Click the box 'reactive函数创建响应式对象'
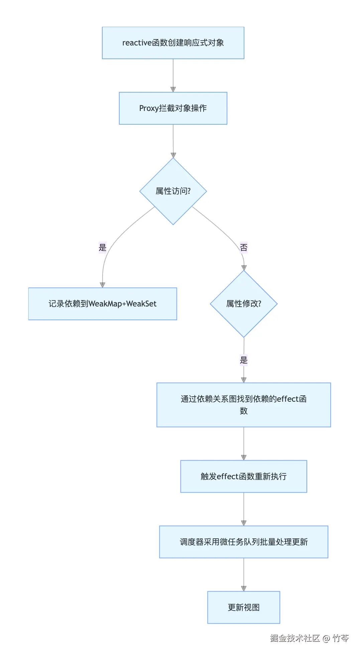[173, 43]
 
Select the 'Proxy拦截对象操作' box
[173, 108]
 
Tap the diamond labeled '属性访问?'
[173, 191]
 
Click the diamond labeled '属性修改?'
[244, 304]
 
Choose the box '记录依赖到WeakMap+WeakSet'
[102, 304]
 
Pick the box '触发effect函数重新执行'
[243, 476]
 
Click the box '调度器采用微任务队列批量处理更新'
[243, 542]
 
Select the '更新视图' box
[243, 607]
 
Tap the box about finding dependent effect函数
[243, 405]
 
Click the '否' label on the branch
[244, 248]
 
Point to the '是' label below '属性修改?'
[244, 360]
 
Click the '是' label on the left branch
[102, 248]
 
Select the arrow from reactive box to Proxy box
[173, 75]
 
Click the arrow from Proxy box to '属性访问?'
[173, 140]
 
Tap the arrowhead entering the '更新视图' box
[244, 588]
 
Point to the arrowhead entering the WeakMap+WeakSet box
[102, 285]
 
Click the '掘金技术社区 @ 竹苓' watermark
[309, 638]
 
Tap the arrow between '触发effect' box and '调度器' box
[243, 509]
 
